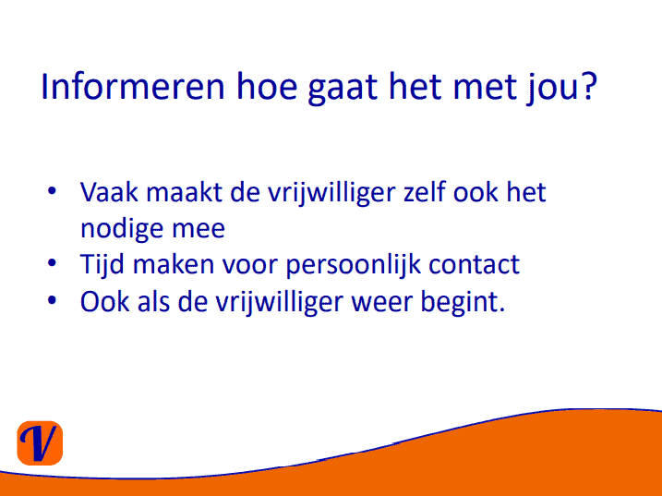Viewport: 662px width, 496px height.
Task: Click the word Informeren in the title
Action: [x=133, y=87]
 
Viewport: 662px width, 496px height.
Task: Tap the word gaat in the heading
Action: [x=343, y=89]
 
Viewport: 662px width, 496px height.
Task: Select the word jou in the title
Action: [x=552, y=89]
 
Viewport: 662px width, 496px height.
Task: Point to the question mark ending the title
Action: [x=589, y=86]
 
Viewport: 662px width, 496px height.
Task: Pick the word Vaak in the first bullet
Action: [x=109, y=192]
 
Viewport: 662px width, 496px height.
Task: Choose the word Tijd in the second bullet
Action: [x=102, y=265]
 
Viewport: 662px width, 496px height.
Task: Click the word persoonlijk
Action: [x=354, y=265]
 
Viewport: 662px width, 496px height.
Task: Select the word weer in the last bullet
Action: [x=382, y=303]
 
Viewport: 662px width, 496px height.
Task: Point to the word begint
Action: [x=463, y=303]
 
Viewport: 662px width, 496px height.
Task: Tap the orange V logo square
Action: [x=40, y=443]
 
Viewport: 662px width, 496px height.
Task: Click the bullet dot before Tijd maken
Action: [x=52, y=263]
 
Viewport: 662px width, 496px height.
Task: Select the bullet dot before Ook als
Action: [x=52, y=300]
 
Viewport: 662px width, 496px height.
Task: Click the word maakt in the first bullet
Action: [x=184, y=192]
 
